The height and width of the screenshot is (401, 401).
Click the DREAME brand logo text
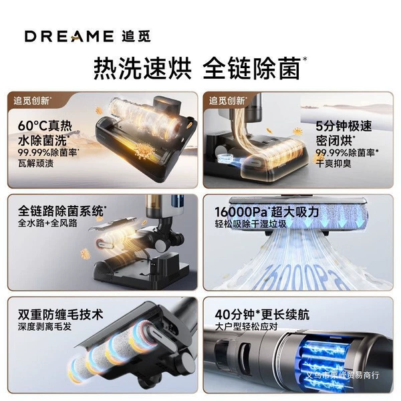pos(70,36)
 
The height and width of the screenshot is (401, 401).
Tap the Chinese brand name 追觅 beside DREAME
pos(136,36)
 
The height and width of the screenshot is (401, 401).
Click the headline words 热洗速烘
pos(142,68)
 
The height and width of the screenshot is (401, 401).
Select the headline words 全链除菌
pos(252,68)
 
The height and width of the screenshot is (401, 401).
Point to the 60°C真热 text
pos(45,126)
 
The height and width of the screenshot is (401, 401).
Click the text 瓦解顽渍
pos(36,164)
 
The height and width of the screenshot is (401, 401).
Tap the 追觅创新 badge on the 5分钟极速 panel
pos(227,100)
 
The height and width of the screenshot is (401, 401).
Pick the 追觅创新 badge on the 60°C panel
pos(31,100)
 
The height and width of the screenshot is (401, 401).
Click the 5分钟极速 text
pos(344,126)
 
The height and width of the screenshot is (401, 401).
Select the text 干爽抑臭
pos(333,164)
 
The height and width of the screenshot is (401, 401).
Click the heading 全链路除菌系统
pos(61,211)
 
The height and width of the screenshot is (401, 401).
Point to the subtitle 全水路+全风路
pos(47,223)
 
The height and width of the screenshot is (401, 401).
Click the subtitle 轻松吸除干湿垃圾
pos(251,225)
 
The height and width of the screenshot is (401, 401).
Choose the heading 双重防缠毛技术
pos(61,314)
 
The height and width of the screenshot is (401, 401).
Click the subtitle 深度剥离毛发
pos(45,327)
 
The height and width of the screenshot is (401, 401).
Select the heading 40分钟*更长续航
pos(262,314)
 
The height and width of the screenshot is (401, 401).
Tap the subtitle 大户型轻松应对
pos(246,327)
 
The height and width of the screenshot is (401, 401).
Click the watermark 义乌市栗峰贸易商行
pos(343,376)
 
